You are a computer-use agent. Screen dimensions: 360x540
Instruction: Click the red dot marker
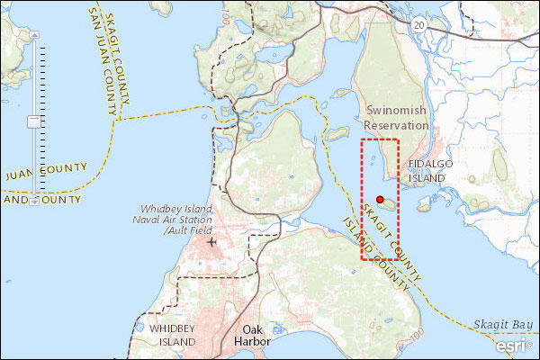(380, 199)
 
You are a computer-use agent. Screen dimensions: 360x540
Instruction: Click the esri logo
(513, 344)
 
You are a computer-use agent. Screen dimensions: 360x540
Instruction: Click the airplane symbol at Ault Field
(211, 242)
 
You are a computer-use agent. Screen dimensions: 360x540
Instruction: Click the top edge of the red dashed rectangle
(379, 139)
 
